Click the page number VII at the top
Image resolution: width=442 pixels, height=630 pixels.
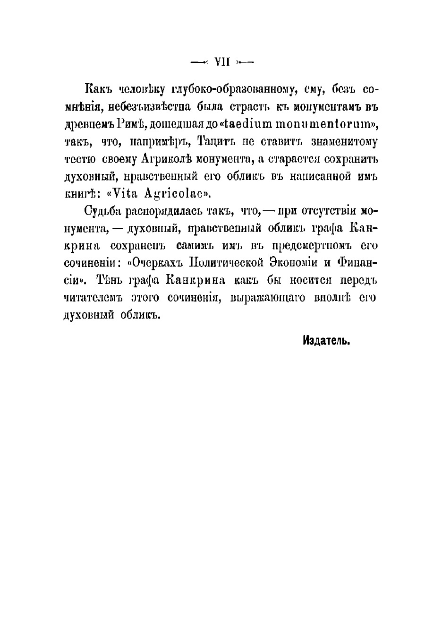coord(222,61)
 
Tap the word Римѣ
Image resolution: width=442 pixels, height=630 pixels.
coord(122,124)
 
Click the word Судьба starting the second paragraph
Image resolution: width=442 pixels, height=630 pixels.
coord(103,211)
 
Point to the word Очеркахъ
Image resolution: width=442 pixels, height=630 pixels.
coord(157,263)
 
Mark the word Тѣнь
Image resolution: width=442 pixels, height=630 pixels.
coord(111,281)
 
